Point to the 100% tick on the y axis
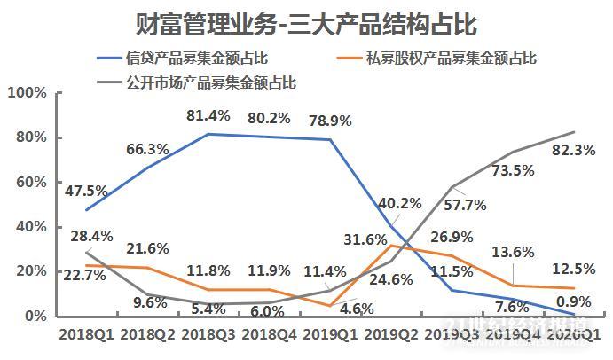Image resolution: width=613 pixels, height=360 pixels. tap(28, 93)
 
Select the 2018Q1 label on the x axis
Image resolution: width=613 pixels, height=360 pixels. tap(85, 335)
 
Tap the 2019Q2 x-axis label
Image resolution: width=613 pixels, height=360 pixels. tap(391, 335)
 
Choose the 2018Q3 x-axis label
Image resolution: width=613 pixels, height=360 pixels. tap(208, 335)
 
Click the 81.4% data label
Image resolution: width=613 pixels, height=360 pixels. tap(208, 115)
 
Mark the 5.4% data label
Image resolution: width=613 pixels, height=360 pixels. tap(208, 310)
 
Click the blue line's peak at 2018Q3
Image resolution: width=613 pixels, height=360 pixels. tap(208, 134)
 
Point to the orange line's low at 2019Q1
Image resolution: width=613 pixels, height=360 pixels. tap(330, 305)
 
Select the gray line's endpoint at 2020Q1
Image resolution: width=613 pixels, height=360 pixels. tap(574, 132)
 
